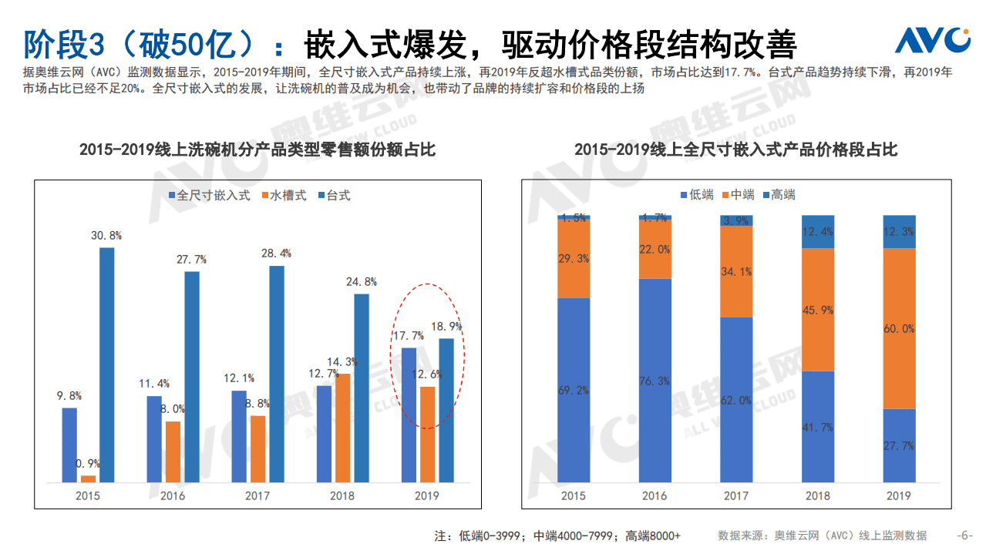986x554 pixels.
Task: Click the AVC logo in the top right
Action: tap(932, 40)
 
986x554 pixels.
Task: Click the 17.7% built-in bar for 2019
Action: tap(409, 415)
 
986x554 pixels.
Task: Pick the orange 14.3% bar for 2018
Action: tap(342, 428)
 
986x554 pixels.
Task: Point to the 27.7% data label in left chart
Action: tap(192, 260)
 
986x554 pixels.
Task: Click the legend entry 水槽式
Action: tap(284, 196)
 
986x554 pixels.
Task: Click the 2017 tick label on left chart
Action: tap(257, 495)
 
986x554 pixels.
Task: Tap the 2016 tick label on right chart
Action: tap(655, 496)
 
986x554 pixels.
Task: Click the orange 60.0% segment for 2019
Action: tap(899, 328)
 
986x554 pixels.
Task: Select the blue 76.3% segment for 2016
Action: tap(655, 381)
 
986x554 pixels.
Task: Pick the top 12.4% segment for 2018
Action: tap(817, 231)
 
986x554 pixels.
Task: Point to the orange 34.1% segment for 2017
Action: tap(736, 271)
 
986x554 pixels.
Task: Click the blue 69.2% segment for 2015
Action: tap(574, 390)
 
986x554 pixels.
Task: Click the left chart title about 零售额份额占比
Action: tap(257, 149)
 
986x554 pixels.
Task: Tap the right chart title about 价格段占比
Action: tap(735, 149)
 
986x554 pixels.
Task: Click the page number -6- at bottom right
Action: tap(964, 536)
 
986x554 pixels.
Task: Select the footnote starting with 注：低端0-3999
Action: tap(557, 536)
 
